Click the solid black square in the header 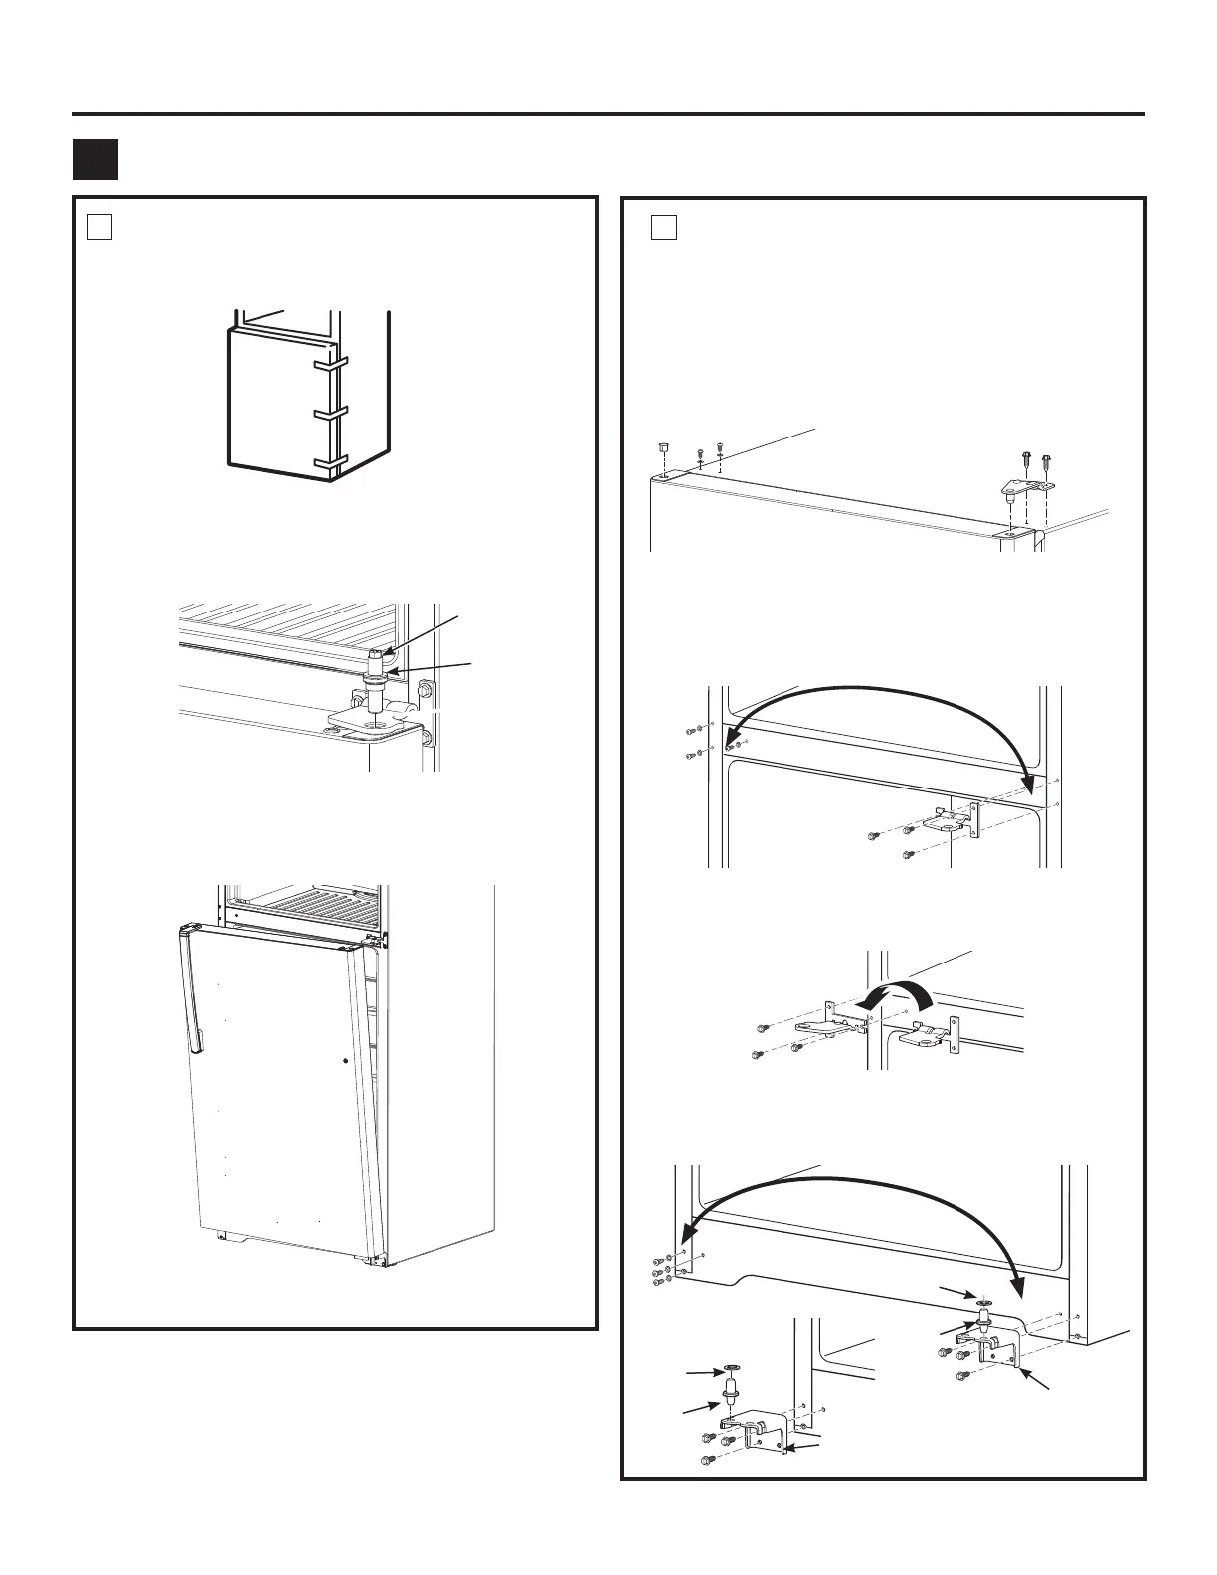[x=95, y=159]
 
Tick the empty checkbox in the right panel [x=664, y=227]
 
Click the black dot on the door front [x=345, y=1061]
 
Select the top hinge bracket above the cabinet [x=1026, y=487]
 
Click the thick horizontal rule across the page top [x=608, y=114]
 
